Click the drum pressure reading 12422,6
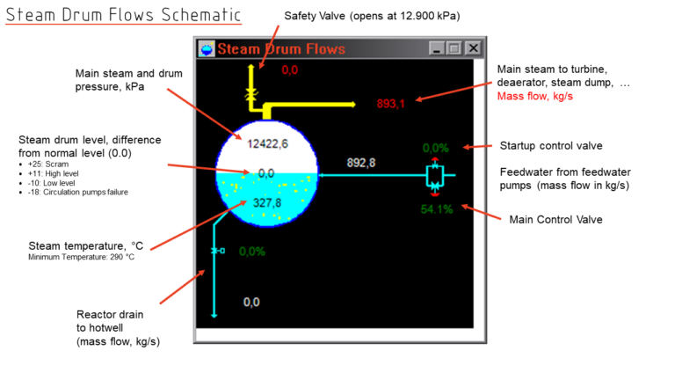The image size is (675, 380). coord(267,143)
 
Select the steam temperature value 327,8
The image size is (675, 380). coord(266,203)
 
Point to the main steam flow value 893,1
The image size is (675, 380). coord(390,104)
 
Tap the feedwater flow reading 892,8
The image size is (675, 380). coord(361,163)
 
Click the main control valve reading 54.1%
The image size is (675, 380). coord(437,209)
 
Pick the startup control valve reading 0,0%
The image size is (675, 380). coord(437,148)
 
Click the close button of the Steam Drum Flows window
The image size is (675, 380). coord(473,49)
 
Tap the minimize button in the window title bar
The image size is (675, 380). coord(437,49)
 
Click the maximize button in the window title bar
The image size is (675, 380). coord(454,49)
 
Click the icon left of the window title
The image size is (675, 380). coord(207,49)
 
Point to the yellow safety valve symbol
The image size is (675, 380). coord(251,91)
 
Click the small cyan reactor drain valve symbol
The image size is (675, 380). coord(215,252)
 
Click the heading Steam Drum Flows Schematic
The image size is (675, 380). coord(123,15)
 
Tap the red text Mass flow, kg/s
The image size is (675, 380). coord(534,96)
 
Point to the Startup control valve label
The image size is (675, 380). coord(551,145)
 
